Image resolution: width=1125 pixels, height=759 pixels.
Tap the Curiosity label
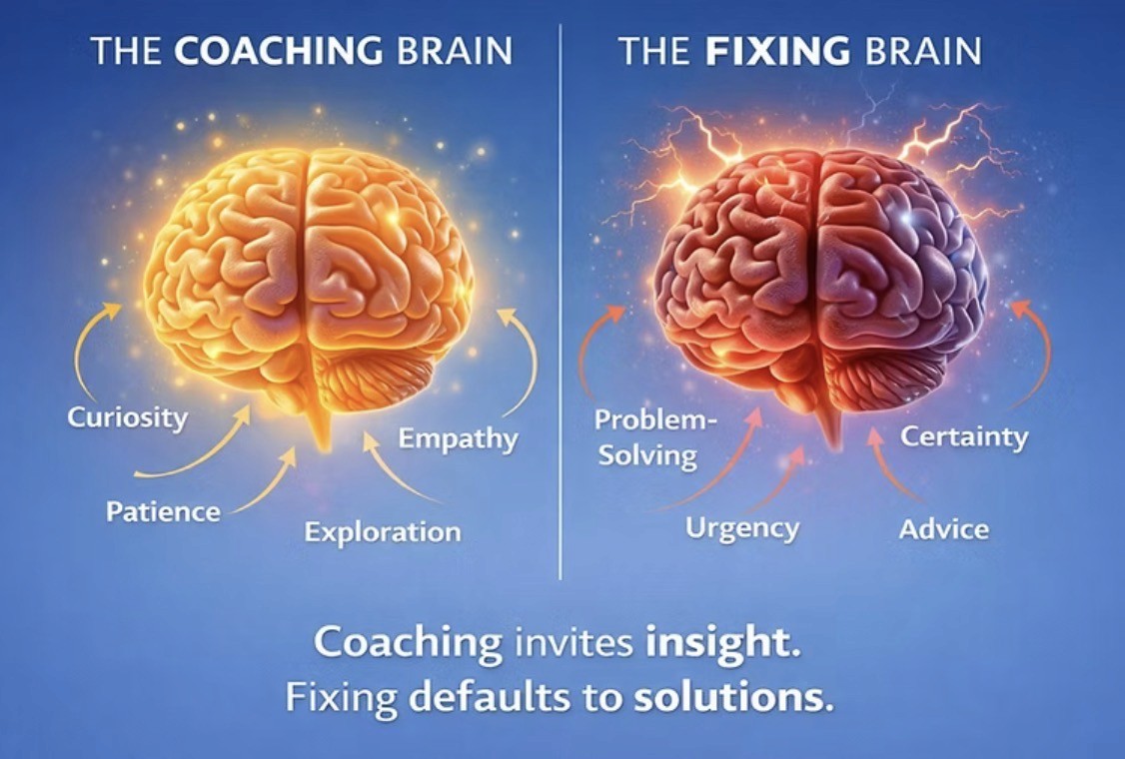[x=127, y=416]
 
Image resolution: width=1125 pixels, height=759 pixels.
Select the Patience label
[x=163, y=512]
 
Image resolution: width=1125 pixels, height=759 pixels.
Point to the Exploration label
[x=383, y=531]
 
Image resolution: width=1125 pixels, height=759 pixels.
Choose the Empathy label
[x=459, y=438]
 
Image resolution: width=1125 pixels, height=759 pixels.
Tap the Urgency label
[x=742, y=527]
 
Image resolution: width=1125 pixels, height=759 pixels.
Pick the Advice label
[x=943, y=528]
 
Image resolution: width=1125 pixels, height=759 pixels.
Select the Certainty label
[x=964, y=437]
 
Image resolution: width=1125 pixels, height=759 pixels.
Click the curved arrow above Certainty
[x=1036, y=350]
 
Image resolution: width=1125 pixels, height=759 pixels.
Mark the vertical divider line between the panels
[x=561, y=300]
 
